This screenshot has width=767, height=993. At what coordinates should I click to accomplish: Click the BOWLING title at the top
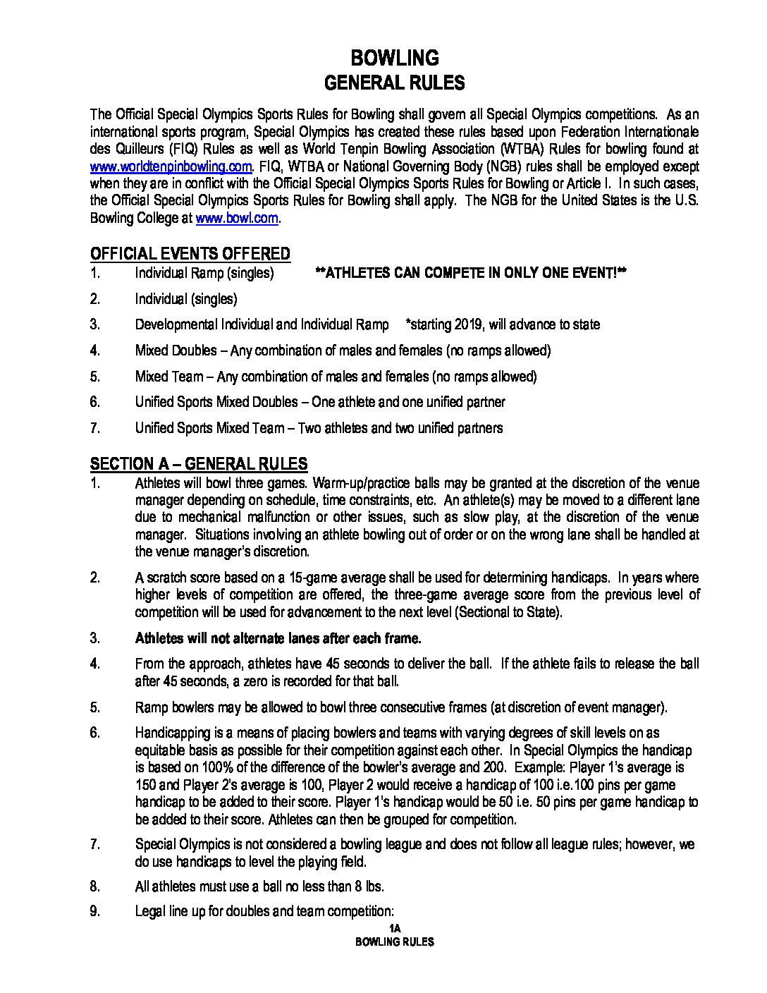(x=394, y=57)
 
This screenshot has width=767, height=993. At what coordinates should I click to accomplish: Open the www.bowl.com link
(x=237, y=218)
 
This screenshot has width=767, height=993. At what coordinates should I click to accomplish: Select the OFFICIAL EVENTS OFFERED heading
(x=190, y=254)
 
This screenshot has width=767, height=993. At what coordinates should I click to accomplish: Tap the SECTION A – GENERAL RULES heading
(x=199, y=463)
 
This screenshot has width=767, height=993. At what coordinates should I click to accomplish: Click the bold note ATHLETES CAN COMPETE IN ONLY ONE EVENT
(x=471, y=273)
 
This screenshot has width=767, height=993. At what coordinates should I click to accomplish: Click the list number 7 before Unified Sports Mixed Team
(x=95, y=427)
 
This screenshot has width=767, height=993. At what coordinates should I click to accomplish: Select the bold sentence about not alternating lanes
(x=278, y=638)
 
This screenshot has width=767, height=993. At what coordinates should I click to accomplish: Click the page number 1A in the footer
(x=394, y=929)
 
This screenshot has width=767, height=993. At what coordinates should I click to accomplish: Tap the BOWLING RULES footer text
(x=394, y=942)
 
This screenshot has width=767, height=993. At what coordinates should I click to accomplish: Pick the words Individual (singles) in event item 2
(x=186, y=299)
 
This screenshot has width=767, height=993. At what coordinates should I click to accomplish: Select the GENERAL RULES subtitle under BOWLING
(x=394, y=83)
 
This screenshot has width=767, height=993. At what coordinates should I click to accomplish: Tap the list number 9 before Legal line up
(x=95, y=911)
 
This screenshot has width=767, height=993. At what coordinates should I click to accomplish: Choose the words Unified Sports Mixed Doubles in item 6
(x=216, y=402)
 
